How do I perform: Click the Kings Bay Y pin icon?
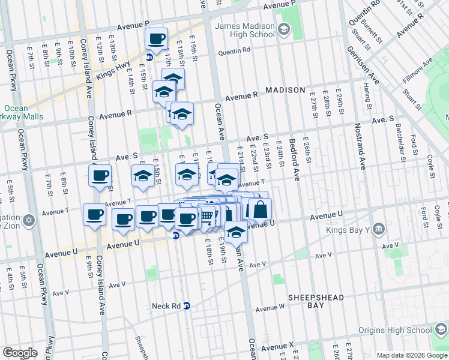[378, 228]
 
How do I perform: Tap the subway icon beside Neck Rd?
[187, 305]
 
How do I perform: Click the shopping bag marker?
[260, 209]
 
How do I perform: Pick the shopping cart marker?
[206, 215]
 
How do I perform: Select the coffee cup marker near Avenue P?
[157, 38]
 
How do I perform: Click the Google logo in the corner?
[19, 353]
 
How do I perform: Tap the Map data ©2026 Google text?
[411, 355]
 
